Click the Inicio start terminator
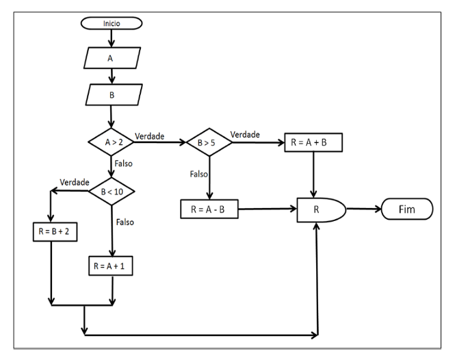pos(111,23)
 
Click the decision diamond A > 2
pos(111,142)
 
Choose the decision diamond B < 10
pos(111,191)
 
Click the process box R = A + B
pos(313,142)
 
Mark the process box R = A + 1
pos(111,265)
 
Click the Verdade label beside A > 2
pos(149,136)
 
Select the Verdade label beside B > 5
pos(244,134)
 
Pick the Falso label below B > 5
pos(199,174)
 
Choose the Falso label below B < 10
pos(125,222)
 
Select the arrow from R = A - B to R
pos(267,208)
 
